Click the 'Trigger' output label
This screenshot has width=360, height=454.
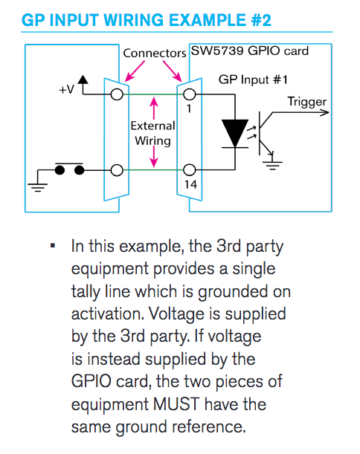[307, 102]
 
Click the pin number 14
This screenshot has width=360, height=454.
[190, 184]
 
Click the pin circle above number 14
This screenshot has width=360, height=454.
[190, 169]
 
